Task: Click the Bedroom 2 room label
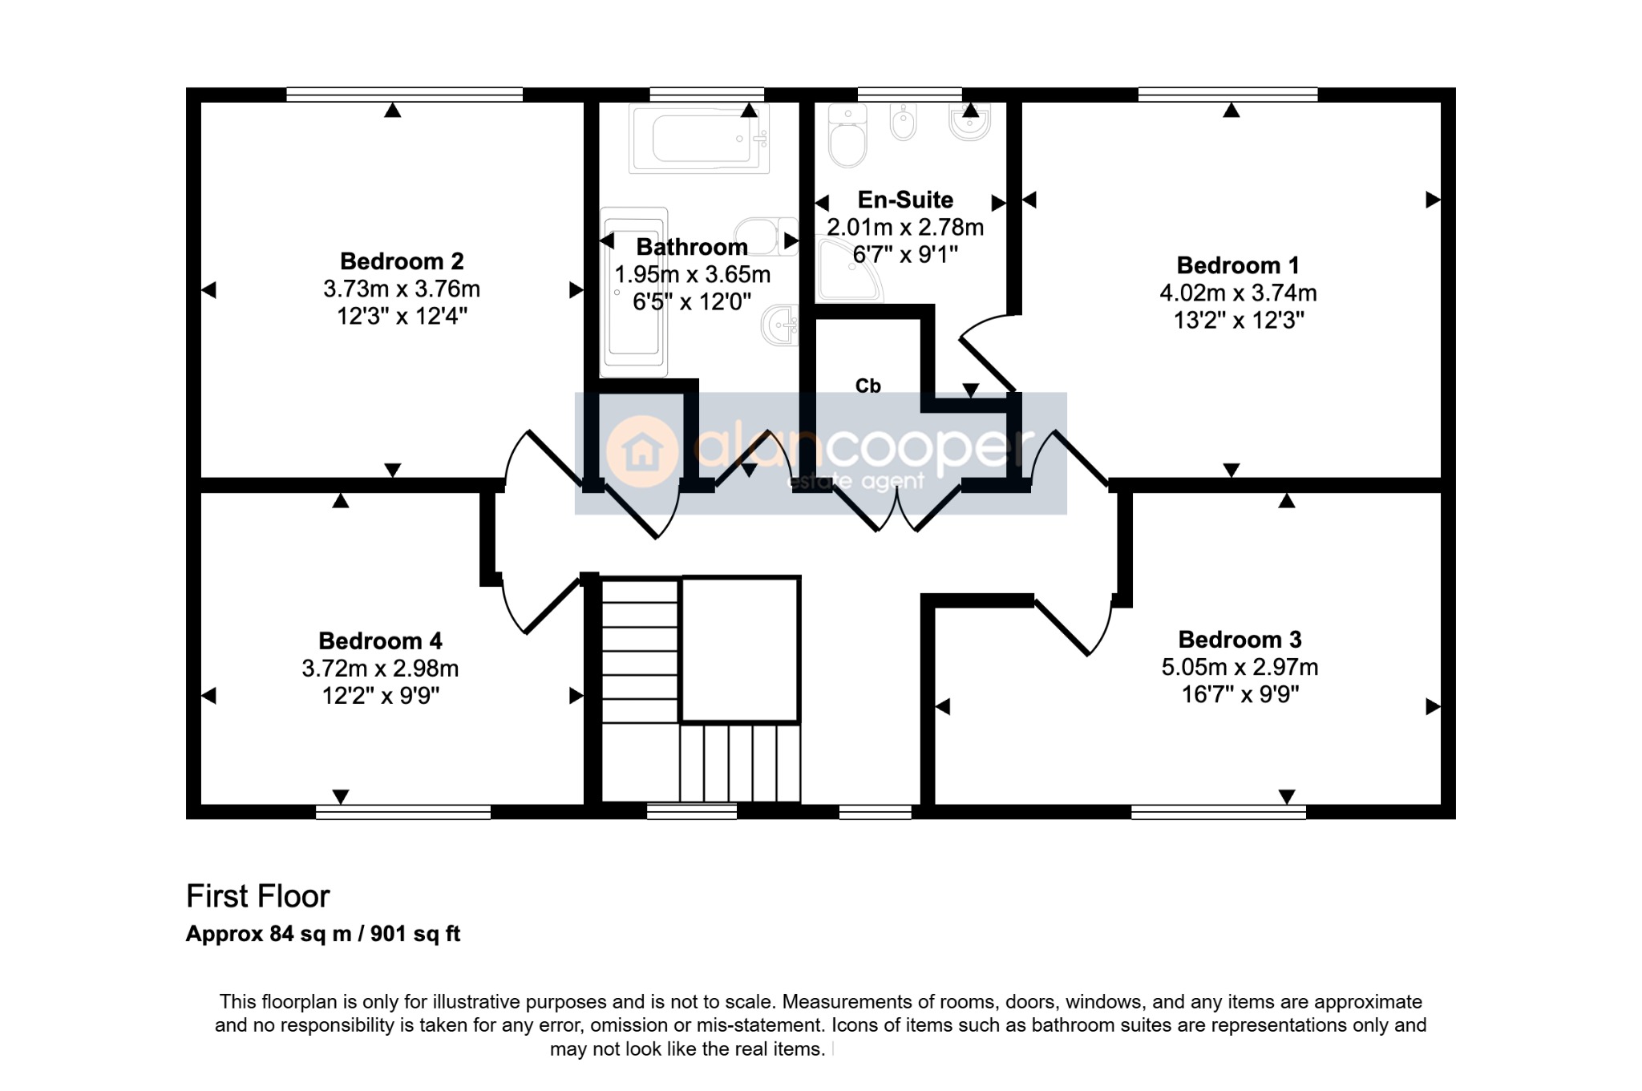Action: tap(402, 261)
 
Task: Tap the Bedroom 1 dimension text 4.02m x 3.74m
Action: tap(1238, 293)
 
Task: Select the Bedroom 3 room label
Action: tap(1240, 640)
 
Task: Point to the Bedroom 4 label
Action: tap(380, 641)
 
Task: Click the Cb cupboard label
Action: tap(868, 386)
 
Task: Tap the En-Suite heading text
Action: tap(905, 200)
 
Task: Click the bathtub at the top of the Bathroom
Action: tap(699, 139)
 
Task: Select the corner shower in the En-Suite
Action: tap(849, 269)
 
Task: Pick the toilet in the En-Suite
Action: tap(847, 135)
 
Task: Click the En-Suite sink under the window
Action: tap(969, 122)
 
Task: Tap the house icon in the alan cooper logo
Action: tap(642, 452)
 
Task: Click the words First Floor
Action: tap(257, 896)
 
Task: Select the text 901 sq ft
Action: tap(415, 934)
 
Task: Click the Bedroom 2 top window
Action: tap(404, 95)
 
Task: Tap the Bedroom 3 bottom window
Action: tap(1218, 812)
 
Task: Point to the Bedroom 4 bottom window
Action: tap(403, 812)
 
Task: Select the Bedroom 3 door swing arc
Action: tap(1106, 629)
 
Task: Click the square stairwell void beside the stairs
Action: tap(740, 649)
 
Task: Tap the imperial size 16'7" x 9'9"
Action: tap(1240, 694)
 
